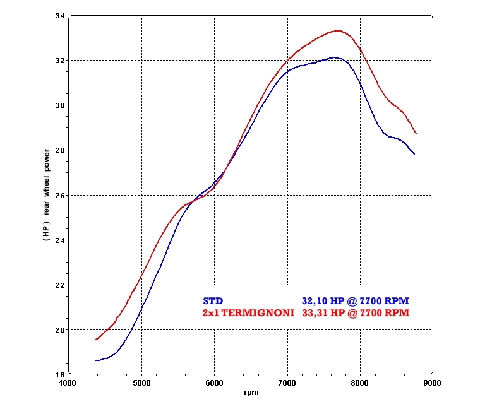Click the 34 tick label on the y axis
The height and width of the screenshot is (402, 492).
[59, 16]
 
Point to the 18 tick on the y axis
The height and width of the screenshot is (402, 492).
[59, 374]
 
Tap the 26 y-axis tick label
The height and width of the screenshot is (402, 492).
[59, 195]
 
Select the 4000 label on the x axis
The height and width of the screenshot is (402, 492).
[69, 382]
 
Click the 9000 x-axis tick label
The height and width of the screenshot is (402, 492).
[432, 382]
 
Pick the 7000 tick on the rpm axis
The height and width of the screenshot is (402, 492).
[287, 382]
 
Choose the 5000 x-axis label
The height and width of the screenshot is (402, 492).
[142, 382]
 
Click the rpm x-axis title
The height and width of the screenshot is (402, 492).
[251, 393]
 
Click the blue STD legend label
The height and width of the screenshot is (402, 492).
[213, 302]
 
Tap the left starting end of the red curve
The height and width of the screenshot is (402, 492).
[95, 340]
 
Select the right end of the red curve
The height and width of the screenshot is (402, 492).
[416, 134]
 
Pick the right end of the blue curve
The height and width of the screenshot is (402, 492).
[414, 153]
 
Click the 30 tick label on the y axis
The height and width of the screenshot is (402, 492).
[59, 105]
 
